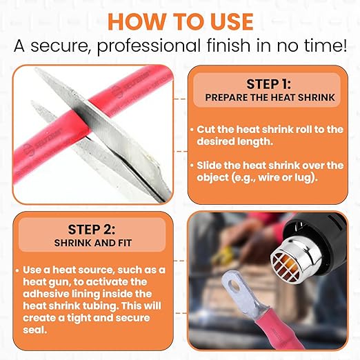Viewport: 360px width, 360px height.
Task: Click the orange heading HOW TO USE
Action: pyautogui.click(x=181, y=21)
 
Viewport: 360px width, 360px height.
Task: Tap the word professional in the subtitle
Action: pyautogui.click(x=149, y=46)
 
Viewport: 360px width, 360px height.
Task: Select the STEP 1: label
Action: pyautogui.click(x=268, y=84)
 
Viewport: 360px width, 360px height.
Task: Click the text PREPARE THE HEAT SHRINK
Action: pyautogui.click(x=270, y=97)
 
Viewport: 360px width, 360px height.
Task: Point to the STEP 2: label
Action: pyautogui.click(x=92, y=229)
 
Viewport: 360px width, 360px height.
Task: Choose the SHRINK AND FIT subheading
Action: pyautogui.click(x=93, y=243)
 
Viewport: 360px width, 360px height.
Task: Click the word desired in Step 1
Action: pyautogui.click(x=215, y=141)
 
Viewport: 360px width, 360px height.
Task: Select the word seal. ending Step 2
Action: pyautogui.click(x=34, y=330)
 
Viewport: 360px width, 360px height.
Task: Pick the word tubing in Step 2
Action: pyautogui.click(x=101, y=306)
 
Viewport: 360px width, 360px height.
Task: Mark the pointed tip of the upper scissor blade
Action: pyautogui.click(x=35, y=68)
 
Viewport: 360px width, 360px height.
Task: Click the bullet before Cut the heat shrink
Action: pyautogui.click(x=192, y=130)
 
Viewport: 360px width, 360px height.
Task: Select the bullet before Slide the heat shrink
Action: pyautogui.click(x=192, y=166)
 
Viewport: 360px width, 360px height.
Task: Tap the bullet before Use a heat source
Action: pyautogui.click(x=17, y=270)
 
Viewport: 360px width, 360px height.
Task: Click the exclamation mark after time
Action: pyautogui.click(x=343, y=45)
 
